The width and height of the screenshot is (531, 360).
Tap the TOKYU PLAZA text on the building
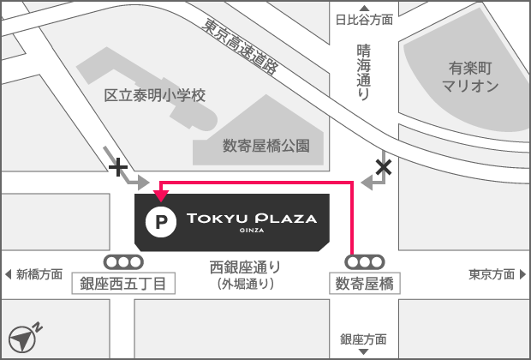pos(252,219)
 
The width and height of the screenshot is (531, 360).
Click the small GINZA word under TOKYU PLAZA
pos(252,231)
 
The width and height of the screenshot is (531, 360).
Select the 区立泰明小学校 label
pos(155,95)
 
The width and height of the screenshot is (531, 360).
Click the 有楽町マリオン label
pos(470,76)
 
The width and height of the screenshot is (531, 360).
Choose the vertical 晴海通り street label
pos(363,73)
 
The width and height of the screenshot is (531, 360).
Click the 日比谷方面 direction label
pos(364,18)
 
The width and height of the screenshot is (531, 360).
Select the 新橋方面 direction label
pos(39,274)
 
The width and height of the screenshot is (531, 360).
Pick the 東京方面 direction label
pos(492,274)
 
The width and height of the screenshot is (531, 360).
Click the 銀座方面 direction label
pos(363,339)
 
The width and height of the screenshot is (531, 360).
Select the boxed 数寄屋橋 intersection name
pos(364,284)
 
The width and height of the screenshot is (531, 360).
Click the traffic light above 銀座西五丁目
pos(123,261)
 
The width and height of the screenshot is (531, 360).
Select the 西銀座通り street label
pos(246,266)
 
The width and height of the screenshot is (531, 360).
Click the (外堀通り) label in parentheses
pos(246,284)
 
